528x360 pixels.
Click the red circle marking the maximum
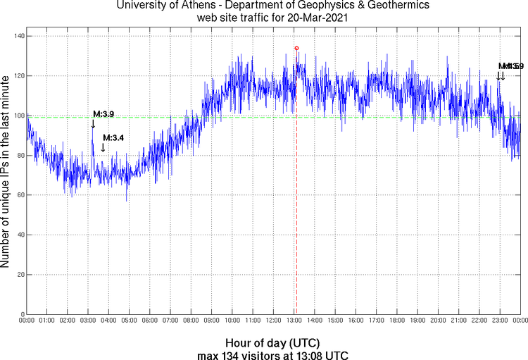[296, 48]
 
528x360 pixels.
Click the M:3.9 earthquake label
[103, 114]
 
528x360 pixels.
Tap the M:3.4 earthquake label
[113, 137]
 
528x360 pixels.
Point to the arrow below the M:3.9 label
[93, 124]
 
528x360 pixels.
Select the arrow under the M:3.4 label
[103, 147]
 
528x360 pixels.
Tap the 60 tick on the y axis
[19, 195]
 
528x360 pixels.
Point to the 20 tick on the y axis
[19, 275]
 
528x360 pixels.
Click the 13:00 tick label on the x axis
[294, 321]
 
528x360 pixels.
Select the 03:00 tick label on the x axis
[88, 321]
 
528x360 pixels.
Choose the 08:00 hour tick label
[191, 321]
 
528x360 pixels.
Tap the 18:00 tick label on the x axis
[396, 321]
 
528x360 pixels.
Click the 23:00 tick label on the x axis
[499, 321]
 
